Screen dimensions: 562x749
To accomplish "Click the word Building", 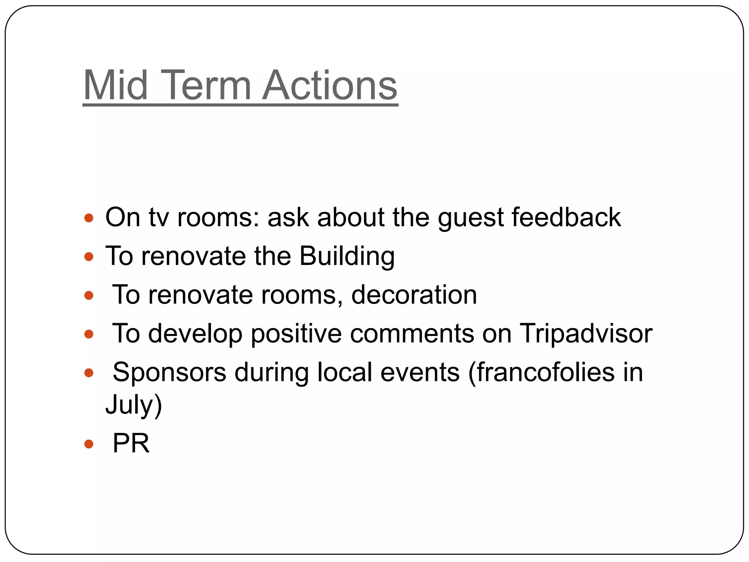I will tap(347, 256).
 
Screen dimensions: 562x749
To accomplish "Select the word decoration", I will tap(414, 295).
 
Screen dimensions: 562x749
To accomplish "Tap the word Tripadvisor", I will tap(586, 334).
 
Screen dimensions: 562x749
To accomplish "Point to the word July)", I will tap(133, 404).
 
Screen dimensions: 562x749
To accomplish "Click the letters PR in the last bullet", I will tap(131, 443).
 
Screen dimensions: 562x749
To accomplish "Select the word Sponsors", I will tap(169, 372).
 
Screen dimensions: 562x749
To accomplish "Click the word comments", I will tap(412, 334).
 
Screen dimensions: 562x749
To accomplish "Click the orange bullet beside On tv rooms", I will tap(89, 218).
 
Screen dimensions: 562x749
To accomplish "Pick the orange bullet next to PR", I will tap(89, 444).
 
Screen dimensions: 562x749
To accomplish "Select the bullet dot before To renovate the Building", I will tap(89, 257).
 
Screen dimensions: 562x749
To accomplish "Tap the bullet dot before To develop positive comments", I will tap(89, 334).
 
